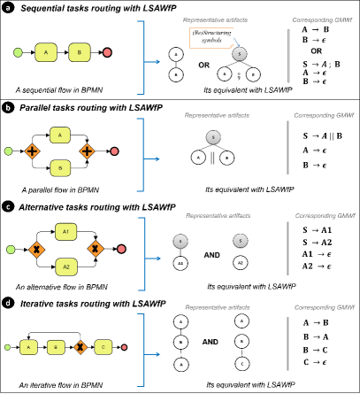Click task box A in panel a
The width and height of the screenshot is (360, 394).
click(45, 52)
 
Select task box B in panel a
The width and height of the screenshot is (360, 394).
click(79, 52)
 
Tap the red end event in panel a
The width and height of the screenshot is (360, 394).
click(107, 52)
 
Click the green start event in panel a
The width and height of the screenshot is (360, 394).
click(18, 53)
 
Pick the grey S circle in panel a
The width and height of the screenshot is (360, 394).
click(239, 54)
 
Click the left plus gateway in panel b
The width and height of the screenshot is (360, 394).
click(32, 151)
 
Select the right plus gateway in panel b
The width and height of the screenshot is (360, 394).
click(87, 151)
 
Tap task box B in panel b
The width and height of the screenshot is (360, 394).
click(59, 167)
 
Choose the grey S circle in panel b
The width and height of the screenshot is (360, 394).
click(212, 137)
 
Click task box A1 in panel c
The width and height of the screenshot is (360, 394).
click(66, 232)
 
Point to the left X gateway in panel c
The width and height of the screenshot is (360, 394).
click(37, 250)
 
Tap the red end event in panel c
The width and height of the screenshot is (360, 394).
click(120, 249)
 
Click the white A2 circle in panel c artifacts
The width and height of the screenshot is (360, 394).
click(240, 263)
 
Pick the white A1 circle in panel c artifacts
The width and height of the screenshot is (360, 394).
click(180, 263)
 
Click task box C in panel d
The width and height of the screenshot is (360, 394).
click(103, 347)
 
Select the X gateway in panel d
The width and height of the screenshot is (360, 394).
click(79, 347)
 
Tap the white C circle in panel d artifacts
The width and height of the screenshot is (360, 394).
click(242, 363)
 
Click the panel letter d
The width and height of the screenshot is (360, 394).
click(8, 303)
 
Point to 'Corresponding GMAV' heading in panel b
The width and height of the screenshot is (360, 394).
click(324, 115)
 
